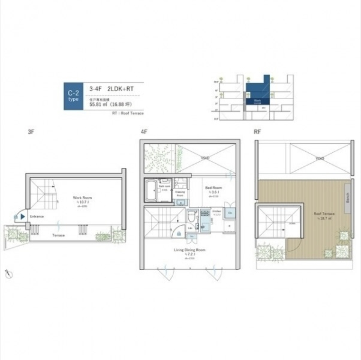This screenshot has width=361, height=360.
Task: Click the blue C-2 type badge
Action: [x=73, y=96]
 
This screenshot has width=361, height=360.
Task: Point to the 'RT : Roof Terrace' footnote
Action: [x=127, y=113]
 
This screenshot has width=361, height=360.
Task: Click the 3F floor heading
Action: [x=31, y=132]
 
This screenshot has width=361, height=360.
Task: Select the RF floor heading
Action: [x=257, y=132]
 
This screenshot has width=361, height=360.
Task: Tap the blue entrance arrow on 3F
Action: [x=23, y=217]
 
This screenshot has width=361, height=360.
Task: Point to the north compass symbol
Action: [x=9, y=273]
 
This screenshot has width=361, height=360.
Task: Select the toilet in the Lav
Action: [x=191, y=217]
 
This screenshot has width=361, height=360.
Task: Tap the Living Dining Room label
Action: [x=190, y=250]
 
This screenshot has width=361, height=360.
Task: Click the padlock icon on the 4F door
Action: [x=178, y=234]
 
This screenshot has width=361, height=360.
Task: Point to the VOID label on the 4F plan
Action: [x=205, y=158]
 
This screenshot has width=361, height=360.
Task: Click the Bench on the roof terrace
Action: [x=347, y=197]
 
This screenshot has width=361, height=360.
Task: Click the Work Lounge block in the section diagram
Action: [x=258, y=101]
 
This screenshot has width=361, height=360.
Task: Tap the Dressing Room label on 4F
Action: [x=180, y=194]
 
